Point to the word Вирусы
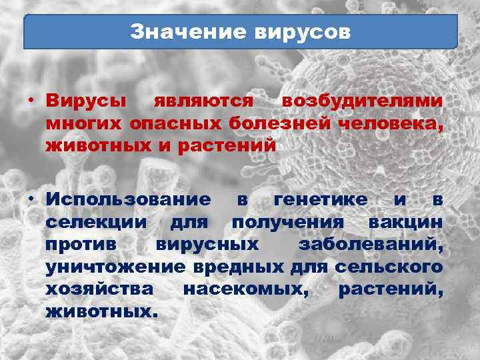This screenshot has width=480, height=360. click(87, 102)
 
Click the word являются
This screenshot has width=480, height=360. click(204, 102)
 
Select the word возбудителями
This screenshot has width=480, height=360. click(363, 102)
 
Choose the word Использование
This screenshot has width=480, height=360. click(129, 199)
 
